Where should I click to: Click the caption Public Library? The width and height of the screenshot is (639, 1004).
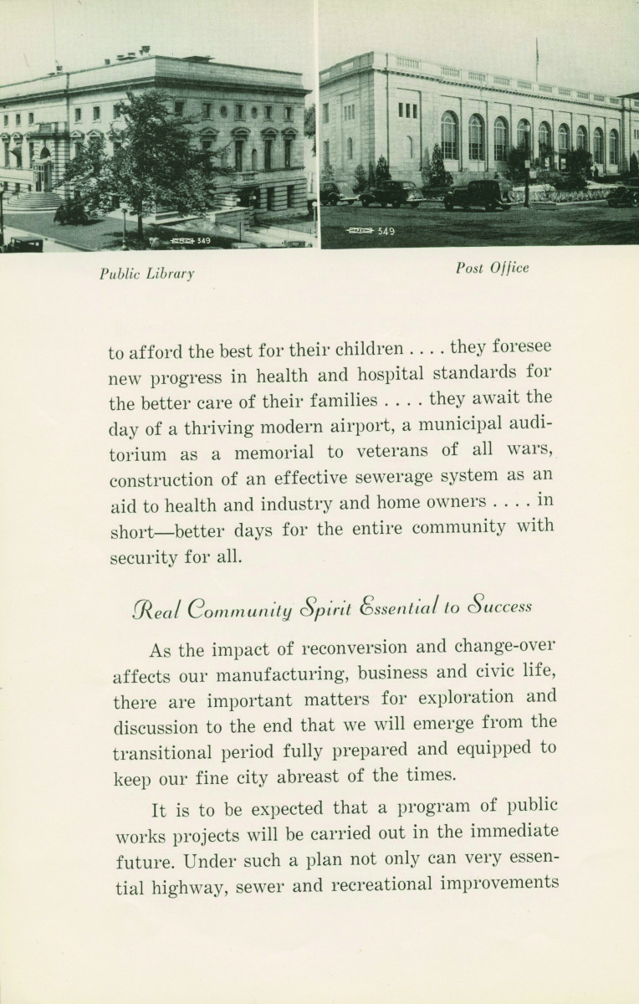tap(146, 273)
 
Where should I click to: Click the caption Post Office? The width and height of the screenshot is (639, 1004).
tap(492, 268)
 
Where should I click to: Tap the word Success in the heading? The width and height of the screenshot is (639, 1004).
tap(500, 606)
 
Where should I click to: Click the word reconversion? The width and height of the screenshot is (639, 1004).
tap(353, 648)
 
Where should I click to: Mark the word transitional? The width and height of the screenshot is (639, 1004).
tap(163, 751)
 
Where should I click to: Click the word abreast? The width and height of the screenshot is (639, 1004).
tap(325, 776)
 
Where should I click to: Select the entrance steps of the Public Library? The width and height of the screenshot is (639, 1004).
tap(35, 201)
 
